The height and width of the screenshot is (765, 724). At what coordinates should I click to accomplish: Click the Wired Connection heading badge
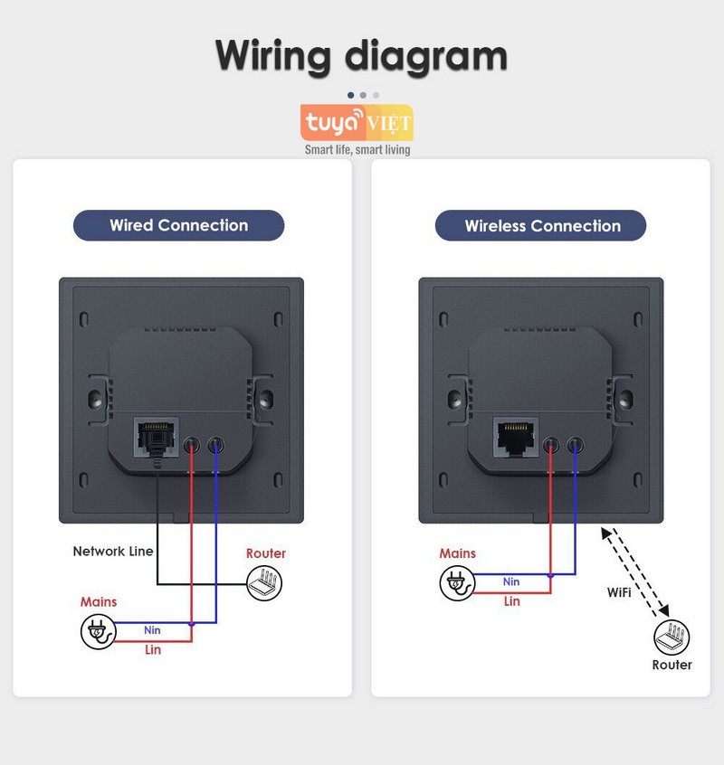pyautogui.click(x=178, y=225)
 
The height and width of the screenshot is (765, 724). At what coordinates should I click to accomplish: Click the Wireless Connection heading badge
pyautogui.click(x=541, y=226)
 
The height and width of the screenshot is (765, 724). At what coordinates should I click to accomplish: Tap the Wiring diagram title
pyautogui.click(x=361, y=55)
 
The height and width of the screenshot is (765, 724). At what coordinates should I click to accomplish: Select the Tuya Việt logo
pyautogui.click(x=357, y=122)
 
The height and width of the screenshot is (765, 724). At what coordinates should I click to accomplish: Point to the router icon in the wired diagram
pyautogui.click(x=265, y=583)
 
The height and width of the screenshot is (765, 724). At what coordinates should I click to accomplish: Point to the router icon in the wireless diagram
pyautogui.click(x=672, y=637)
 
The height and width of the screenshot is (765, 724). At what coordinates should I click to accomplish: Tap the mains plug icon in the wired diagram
pyautogui.click(x=98, y=631)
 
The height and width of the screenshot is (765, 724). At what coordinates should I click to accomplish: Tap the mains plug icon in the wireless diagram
pyautogui.click(x=456, y=583)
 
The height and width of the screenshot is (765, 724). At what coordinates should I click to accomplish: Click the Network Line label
pyautogui.click(x=113, y=551)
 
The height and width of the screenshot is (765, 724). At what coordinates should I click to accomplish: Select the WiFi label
pyautogui.click(x=619, y=592)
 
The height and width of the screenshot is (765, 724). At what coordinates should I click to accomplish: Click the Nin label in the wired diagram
pyautogui.click(x=152, y=629)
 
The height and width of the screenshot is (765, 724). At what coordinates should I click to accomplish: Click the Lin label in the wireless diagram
pyautogui.click(x=512, y=601)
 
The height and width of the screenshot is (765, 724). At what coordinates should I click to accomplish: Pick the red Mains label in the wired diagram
pyautogui.click(x=99, y=601)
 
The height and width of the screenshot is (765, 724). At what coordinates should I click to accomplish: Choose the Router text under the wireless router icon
pyautogui.click(x=672, y=665)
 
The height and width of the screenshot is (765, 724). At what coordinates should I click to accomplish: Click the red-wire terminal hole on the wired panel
pyautogui.click(x=192, y=446)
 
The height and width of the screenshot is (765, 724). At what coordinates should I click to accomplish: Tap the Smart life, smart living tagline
pyautogui.click(x=357, y=149)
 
